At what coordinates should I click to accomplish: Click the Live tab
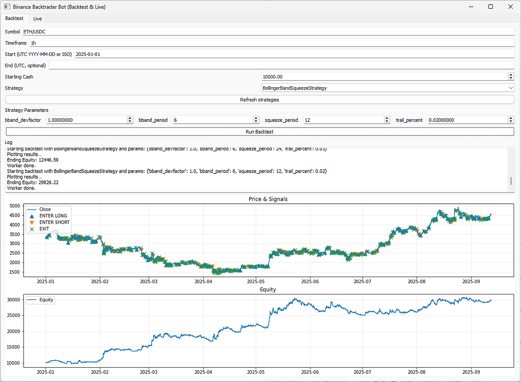click(x=38, y=19)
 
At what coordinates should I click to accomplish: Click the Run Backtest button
click(x=259, y=131)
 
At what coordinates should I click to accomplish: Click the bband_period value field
click(x=212, y=120)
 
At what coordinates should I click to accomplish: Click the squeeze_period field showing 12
click(x=343, y=120)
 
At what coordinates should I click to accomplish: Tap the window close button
click(x=510, y=7)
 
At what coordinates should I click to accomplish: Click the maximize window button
click(x=491, y=7)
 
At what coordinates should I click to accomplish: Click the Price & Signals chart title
click(x=268, y=199)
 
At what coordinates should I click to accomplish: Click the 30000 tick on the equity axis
click(x=13, y=300)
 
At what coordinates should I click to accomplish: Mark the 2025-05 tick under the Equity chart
click(x=256, y=372)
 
